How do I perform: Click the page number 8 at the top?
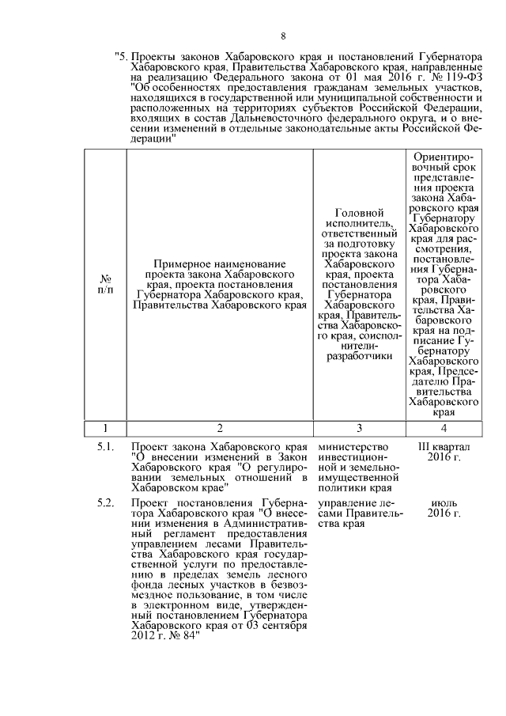(283, 36)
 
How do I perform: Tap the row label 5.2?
(107, 504)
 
